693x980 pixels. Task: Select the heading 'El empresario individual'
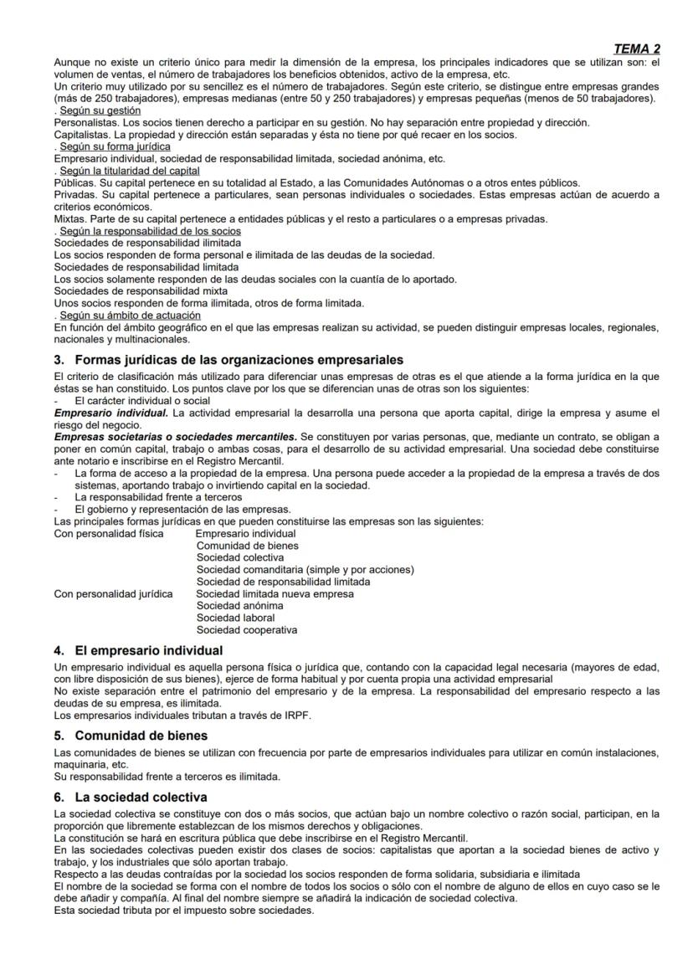click(148, 650)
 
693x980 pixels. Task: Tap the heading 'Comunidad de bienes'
click(136, 736)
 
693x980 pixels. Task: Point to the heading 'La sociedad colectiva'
click(141, 797)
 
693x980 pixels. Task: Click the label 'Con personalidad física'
click(109, 533)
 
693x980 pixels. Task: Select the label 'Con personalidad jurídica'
click(113, 594)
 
